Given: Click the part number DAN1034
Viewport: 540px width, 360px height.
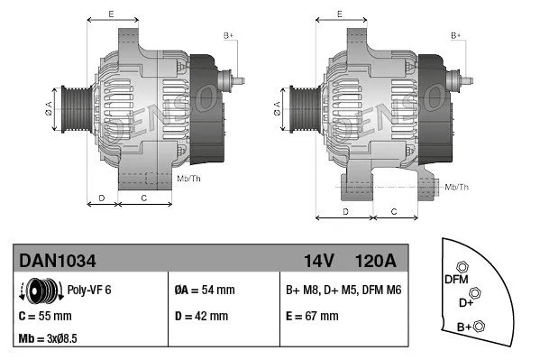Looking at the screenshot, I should tap(58, 261).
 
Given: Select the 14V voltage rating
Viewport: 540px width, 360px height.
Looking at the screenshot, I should tap(318, 261).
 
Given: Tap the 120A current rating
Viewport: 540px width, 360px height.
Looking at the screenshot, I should tap(377, 261).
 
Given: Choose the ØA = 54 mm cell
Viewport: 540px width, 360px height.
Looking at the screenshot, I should tap(204, 291).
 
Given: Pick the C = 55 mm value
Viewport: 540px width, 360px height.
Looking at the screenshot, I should tap(45, 316).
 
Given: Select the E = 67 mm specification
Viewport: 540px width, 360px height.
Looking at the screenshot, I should tap(312, 316).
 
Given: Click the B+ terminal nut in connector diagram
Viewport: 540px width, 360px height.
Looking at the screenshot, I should tap(479, 326).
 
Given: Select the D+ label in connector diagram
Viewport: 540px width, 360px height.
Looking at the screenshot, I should tap(466, 302).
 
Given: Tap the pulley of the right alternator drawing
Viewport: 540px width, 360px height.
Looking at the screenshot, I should tap(299, 108).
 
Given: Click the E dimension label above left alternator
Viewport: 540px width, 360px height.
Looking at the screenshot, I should tap(110, 15).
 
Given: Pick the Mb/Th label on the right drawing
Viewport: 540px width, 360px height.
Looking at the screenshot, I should tap(457, 187).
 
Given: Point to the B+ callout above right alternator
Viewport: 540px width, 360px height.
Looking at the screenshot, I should tap(455, 34).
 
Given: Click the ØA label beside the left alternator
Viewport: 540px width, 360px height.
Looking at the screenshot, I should tap(50, 107).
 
